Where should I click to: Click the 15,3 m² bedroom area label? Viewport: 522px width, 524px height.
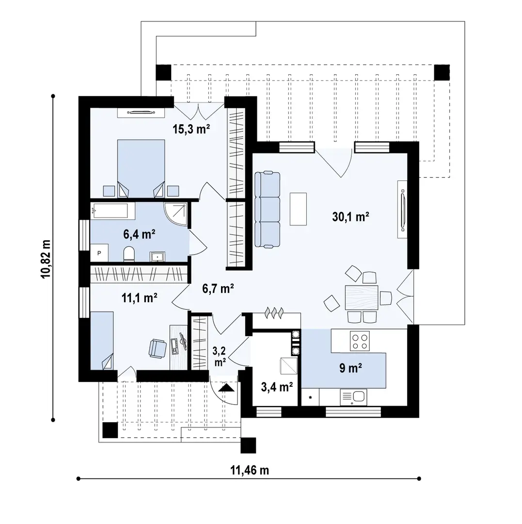(x=191, y=129)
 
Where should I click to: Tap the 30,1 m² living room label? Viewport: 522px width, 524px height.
(x=350, y=217)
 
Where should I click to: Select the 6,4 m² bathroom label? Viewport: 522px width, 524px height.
(x=139, y=234)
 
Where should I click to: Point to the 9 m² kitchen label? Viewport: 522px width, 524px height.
(x=351, y=368)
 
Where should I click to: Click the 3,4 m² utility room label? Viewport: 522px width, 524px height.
(x=277, y=387)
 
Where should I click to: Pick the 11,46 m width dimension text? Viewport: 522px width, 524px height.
(x=250, y=470)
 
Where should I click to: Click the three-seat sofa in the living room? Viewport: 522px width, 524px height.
(x=268, y=210)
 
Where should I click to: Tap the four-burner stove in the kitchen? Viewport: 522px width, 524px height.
(x=360, y=341)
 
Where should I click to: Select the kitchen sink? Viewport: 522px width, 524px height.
(x=353, y=397)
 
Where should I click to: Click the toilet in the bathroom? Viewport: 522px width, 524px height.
(x=129, y=254)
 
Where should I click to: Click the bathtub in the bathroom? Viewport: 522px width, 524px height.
(x=112, y=211)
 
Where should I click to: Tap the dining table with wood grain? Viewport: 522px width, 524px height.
(x=362, y=297)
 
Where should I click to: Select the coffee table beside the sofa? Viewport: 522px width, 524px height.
(x=298, y=209)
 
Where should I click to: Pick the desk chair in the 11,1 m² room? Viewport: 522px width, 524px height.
(x=157, y=348)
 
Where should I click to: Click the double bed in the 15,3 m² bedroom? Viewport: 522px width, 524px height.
(x=141, y=168)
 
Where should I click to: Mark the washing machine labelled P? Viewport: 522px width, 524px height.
(x=99, y=253)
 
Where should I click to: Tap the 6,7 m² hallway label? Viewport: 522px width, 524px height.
(x=218, y=288)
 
